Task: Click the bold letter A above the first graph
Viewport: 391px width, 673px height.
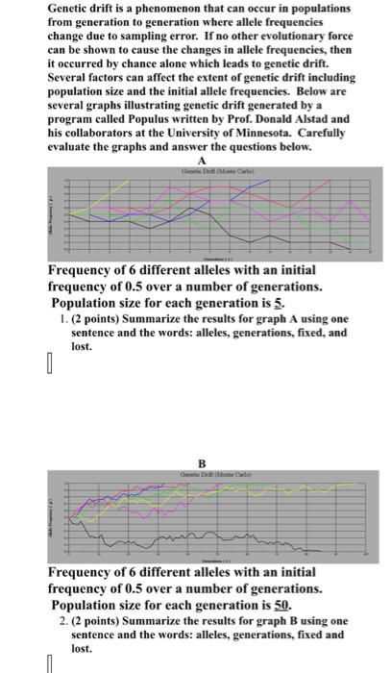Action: pyautogui.click(x=199, y=162)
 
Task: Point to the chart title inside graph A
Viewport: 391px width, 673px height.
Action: pyautogui.click(x=199, y=171)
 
